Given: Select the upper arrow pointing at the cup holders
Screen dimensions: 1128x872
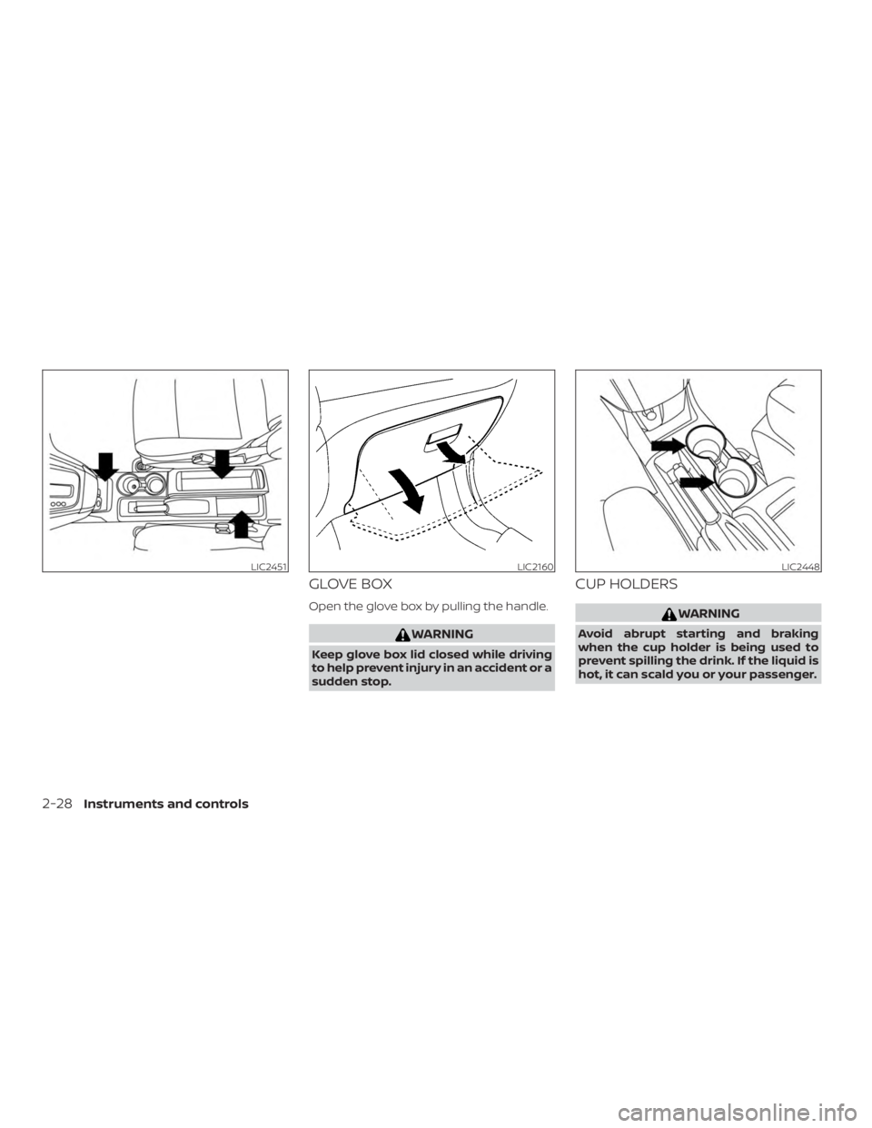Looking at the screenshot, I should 668,444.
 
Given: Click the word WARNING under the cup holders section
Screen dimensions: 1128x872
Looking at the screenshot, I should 705,614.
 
